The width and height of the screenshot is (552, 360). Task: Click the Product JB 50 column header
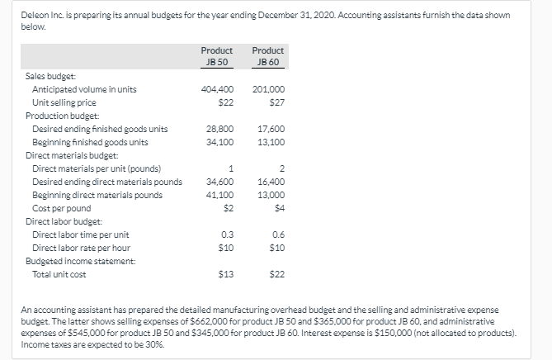[217, 56]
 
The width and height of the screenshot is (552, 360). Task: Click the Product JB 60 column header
[267, 56]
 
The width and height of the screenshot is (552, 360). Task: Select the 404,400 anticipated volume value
[218, 89]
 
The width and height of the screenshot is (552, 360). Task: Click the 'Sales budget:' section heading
[50, 76]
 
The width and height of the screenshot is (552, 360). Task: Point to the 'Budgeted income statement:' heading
[75, 261]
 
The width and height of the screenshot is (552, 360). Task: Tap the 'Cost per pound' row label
[62, 208]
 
